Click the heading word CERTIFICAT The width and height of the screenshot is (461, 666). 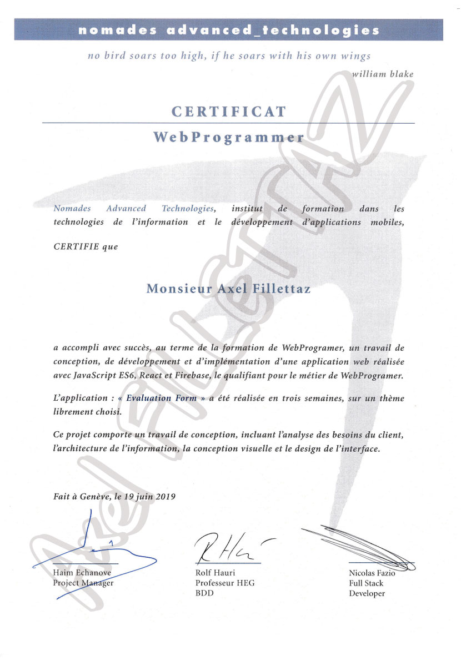pyautogui.click(x=228, y=112)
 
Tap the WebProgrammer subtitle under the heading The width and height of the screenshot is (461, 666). pyautogui.click(x=228, y=138)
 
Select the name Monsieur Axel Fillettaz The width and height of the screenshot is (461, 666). pyautogui.click(x=228, y=289)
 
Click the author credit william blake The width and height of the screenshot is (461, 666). pyautogui.click(x=383, y=74)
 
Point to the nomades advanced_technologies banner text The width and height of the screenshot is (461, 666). pyautogui.click(x=229, y=30)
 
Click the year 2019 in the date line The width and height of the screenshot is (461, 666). pyautogui.click(x=164, y=497)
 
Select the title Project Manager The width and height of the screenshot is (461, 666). pyautogui.click(x=83, y=583)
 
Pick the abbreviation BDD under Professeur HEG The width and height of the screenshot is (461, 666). pyautogui.click(x=204, y=593)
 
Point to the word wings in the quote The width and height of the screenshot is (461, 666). pyautogui.click(x=356, y=56)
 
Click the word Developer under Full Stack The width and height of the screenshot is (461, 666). pyautogui.click(x=367, y=593)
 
